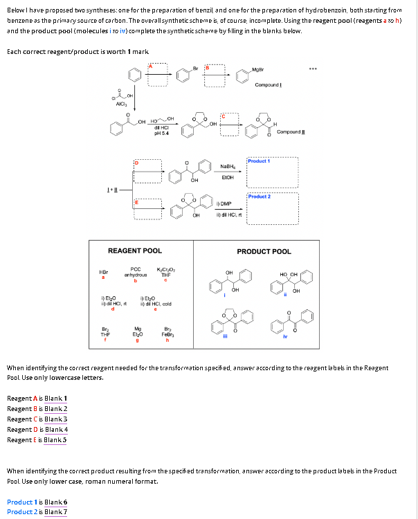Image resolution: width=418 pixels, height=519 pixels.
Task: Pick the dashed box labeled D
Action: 148,170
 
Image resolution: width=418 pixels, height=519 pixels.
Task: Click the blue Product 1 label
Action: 260,161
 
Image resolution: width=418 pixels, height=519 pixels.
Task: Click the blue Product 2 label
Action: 260,197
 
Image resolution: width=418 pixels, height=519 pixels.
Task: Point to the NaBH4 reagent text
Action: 227,166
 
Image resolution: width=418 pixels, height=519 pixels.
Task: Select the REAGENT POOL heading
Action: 135,251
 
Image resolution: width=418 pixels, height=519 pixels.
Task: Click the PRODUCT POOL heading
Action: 264,251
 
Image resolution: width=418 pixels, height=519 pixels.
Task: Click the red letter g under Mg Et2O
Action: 136,340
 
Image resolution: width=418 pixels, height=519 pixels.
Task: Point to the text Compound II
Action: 290,131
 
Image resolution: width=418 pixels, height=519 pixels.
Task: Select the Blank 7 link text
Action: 55,511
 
